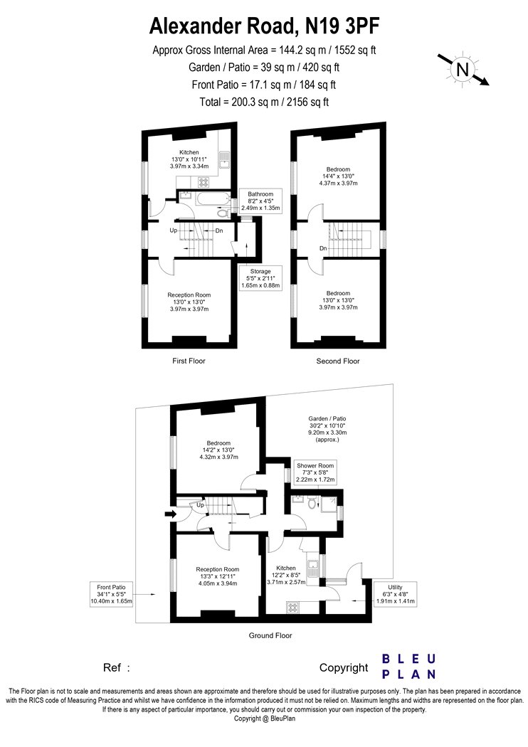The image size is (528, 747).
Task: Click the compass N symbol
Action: pos(463,70)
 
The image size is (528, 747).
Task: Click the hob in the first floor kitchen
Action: pos(204,181)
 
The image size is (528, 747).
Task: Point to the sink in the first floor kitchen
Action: pos(225,161)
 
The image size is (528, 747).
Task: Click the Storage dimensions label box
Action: pos(260,278)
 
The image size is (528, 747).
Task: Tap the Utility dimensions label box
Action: pos(395,594)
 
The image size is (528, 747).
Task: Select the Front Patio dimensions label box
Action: pos(111,594)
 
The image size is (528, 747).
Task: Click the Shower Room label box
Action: pos(315,472)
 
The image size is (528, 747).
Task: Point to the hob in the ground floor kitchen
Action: pos(291,608)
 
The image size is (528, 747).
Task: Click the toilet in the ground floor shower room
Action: pos(312,503)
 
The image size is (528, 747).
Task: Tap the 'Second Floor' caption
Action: pos(338,361)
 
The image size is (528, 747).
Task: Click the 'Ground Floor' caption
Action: pos(270,635)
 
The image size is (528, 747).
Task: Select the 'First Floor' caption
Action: pos(189,361)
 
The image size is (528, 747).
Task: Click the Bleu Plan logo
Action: pos(409,667)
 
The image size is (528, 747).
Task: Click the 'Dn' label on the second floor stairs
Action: pos(323,248)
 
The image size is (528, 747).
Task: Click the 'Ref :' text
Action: pos(116,668)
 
